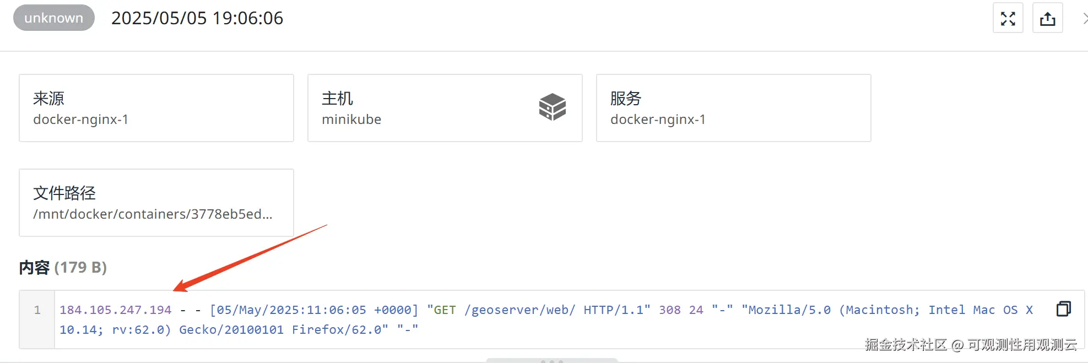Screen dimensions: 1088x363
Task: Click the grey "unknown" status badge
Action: click(53, 18)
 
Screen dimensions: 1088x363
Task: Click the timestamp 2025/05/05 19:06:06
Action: click(197, 18)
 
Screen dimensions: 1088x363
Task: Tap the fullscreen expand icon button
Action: click(1008, 18)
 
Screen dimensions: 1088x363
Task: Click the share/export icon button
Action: click(1047, 18)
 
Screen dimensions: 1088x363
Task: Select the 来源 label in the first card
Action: click(48, 99)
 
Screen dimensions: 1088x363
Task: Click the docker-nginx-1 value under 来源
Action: click(80, 120)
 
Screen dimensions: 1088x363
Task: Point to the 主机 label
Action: click(337, 99)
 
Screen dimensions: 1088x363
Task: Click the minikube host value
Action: click(351, 120)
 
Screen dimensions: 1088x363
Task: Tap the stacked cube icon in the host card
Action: click(552, 107)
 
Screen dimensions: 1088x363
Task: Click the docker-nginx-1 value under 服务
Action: click(658, 120)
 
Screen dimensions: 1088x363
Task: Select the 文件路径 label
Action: click(64, 193)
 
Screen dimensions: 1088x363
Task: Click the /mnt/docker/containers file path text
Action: click(153, 214)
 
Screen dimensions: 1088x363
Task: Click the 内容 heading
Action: click(34, 268)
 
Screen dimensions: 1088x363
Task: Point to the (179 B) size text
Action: click(80, 268)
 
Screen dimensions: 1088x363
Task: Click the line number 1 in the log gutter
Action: click(37, 310)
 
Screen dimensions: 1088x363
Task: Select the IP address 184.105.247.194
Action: click(116, 310)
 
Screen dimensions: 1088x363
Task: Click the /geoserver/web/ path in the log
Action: click(519, 310)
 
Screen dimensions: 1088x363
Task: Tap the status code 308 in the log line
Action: click(670, 310)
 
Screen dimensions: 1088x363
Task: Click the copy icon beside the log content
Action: click(1063, 309)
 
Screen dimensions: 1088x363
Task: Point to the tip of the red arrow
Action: click(175, 290)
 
